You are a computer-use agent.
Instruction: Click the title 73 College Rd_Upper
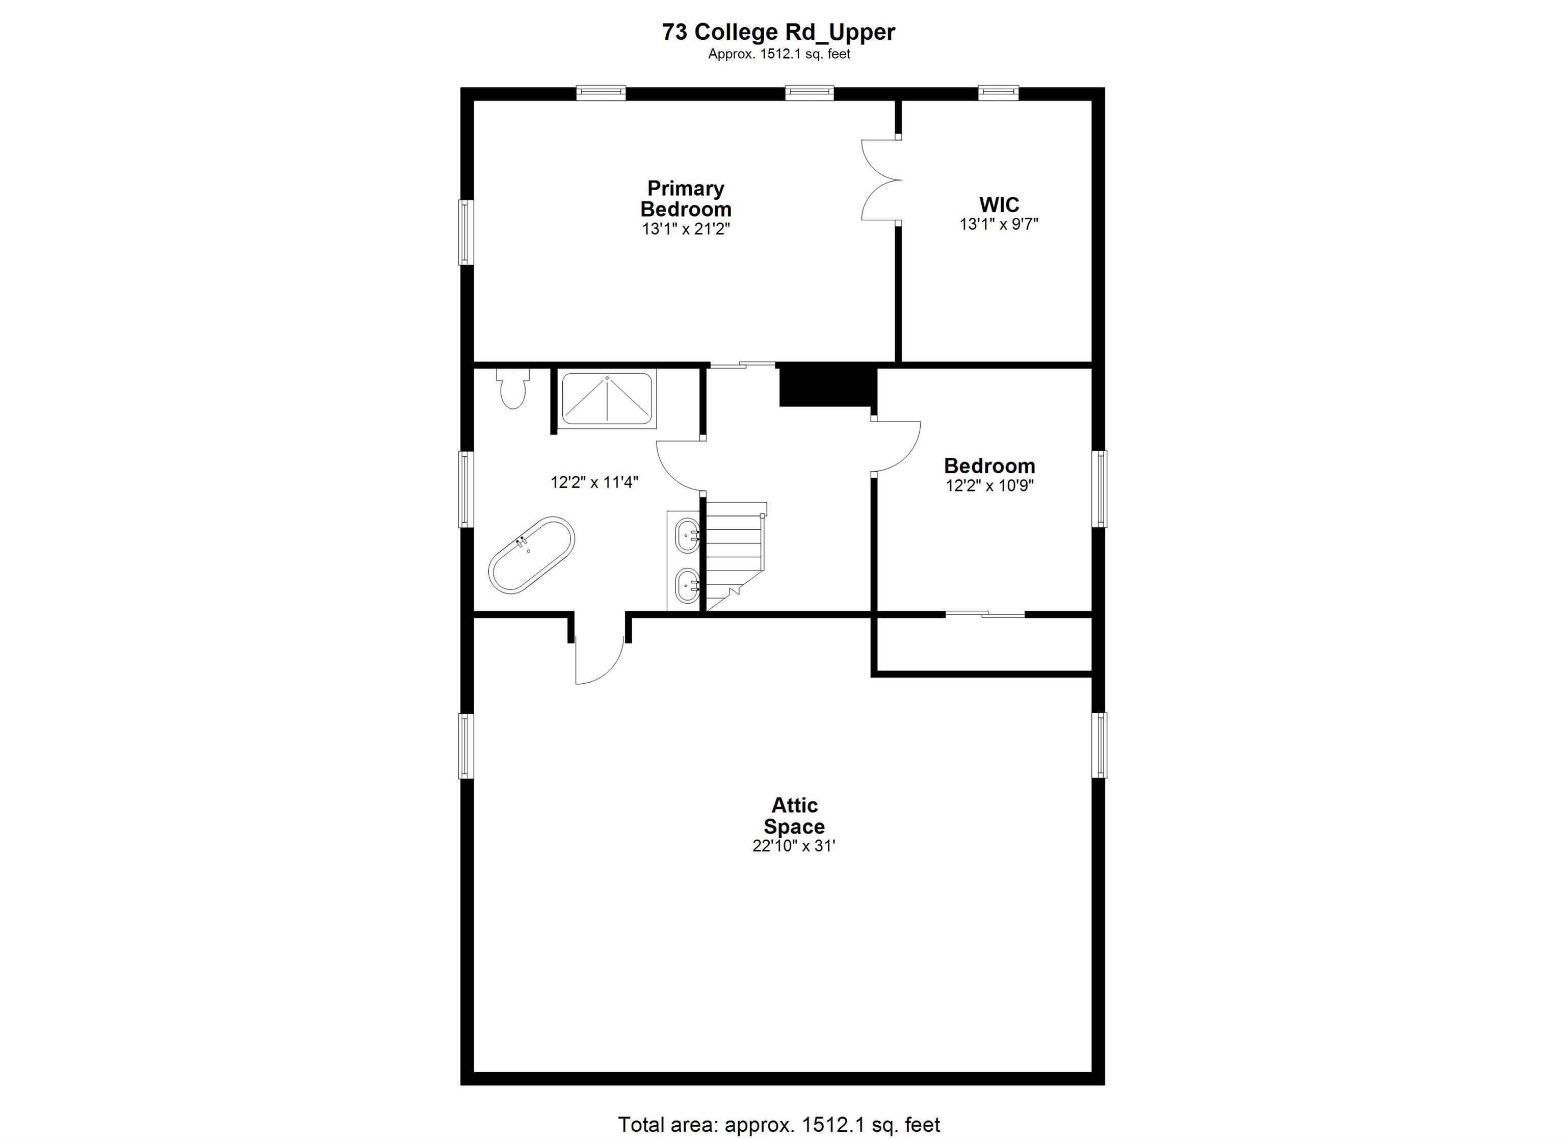tap(778, 32)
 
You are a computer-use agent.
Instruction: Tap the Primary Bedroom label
tap(685, 198)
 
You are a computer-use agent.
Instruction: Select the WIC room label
tap(999, 204)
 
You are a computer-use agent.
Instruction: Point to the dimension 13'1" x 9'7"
tap(999, 224)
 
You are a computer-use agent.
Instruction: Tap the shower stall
tap(607, 399)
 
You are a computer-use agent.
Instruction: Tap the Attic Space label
tap(794, 816)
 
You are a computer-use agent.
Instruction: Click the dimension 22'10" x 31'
tap(794, 845)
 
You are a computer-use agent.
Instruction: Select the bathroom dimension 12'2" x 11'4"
tap(594, 482)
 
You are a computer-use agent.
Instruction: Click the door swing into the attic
tap(598, 656)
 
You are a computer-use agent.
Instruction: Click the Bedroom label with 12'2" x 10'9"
tap(989, 465)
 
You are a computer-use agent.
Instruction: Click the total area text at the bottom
tap(778, 1125)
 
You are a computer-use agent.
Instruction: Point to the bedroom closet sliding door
tap(985, 614)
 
